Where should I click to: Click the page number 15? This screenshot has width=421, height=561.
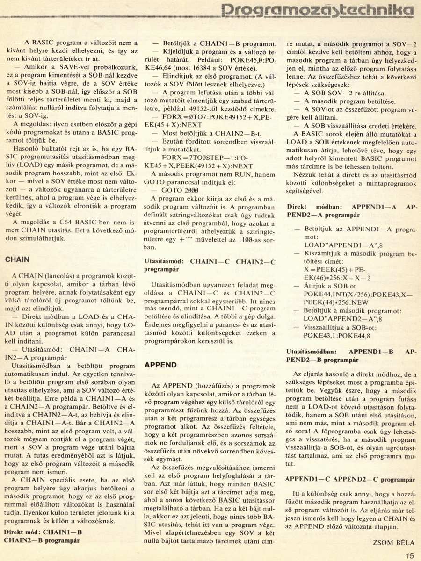tap(410, 556)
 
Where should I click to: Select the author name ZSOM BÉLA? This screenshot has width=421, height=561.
tap(394, 542)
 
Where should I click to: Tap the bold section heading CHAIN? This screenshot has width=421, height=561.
tap(17, 259)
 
